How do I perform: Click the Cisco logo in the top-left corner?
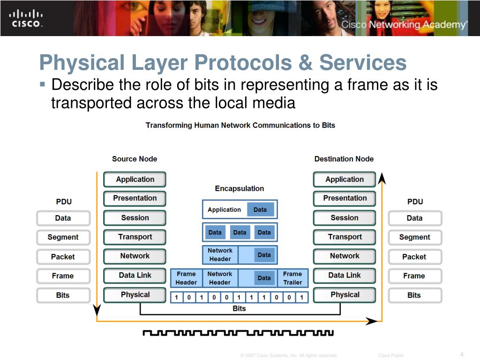click(x=26, y=18)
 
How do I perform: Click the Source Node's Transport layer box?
click(x=135, y=237)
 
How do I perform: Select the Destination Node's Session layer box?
click(x=345, y=218)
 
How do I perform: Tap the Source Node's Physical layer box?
click(x=135, y=295)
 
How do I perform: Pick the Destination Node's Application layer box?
click(x=345, y=180)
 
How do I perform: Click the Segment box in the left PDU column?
click(x=63, y=237)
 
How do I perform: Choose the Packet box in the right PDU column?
click(x=414, y=257)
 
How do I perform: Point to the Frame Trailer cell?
click(x=292, y=278)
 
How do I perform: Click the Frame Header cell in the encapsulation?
click(x=186, y=278)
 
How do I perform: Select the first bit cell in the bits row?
click(x=176, y=297)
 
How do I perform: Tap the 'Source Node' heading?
click(x=135, y=159)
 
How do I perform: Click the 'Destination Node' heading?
click(x=344, y=159)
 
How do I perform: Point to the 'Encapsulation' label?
click(x=240, y=188)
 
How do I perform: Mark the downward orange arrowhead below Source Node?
click(x=97, y=310)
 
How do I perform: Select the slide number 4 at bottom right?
click(x=462, y=354)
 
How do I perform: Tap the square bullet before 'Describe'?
click(x=43, y=85)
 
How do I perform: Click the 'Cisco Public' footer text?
click(x=391, y=355)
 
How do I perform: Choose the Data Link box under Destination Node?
click(x=345, y=276)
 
